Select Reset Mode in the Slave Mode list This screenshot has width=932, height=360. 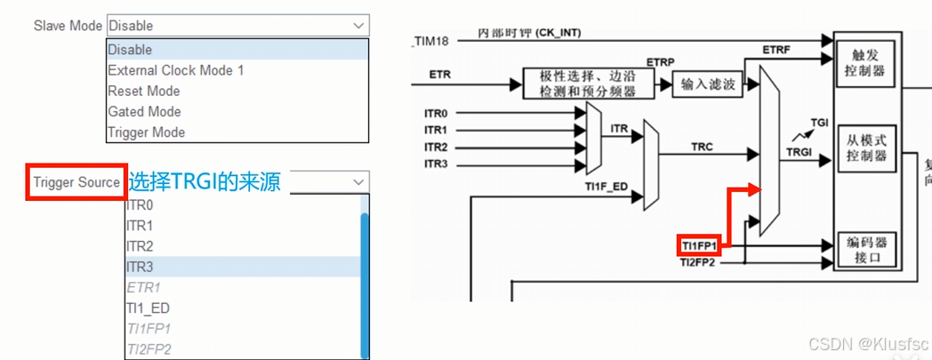click(144, 91)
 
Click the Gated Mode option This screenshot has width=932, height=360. click(145, 112)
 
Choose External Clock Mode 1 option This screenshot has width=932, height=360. click(176, 70)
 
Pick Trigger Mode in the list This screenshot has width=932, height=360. click(147, 132)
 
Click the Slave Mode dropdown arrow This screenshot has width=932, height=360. click(358, 26)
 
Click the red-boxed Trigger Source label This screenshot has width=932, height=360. click(76, 182)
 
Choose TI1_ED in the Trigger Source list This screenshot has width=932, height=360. click(148, 308)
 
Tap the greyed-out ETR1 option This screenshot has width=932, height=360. click(143, 288)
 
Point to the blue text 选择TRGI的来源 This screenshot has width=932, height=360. click(205, 182)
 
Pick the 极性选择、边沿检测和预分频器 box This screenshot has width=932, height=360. click(587, 84)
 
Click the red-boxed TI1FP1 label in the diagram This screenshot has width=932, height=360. click(699, 245)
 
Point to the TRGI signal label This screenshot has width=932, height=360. click(798, 153)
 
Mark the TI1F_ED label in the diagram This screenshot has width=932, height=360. click(607, 187)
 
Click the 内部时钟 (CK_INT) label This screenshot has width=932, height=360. click(529, 33)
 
